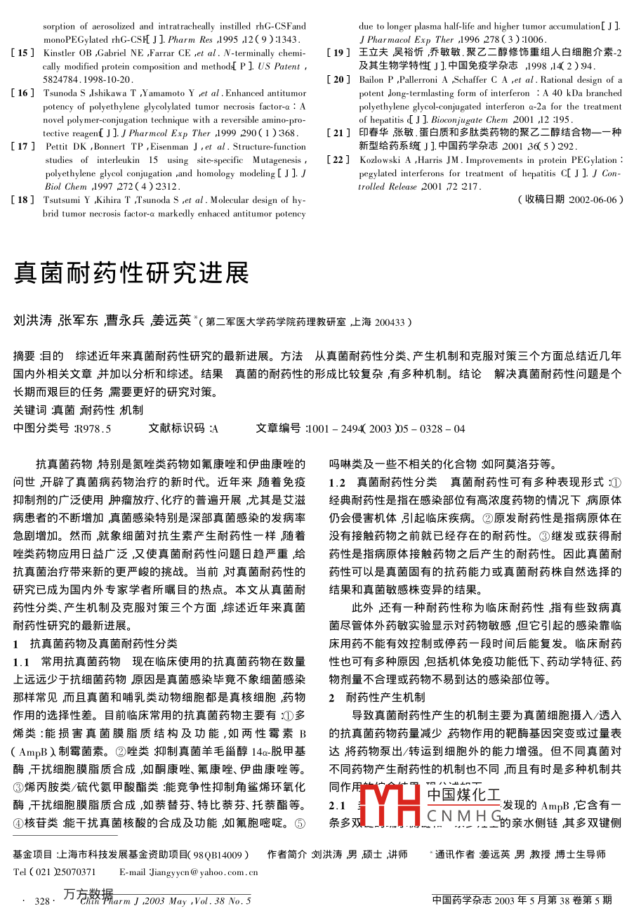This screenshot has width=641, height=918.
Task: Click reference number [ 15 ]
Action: coord(23,53)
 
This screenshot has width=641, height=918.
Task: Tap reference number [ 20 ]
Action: coord(338,79)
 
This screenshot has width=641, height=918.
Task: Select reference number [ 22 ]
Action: coord(338,159)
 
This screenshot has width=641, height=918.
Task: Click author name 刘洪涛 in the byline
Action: coord(33,321)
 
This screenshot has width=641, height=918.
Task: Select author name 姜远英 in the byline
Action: coord(174,321)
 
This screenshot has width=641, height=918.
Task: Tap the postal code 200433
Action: coord(389,322)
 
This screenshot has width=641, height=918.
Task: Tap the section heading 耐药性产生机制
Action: coord(385,697)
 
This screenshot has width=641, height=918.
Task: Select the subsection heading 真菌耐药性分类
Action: coord(397,483)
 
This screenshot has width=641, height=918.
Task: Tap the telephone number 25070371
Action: coord(72,872)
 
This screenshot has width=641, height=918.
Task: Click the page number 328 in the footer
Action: coord(43,900)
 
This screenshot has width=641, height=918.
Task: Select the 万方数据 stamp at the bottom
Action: coord(88,895)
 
